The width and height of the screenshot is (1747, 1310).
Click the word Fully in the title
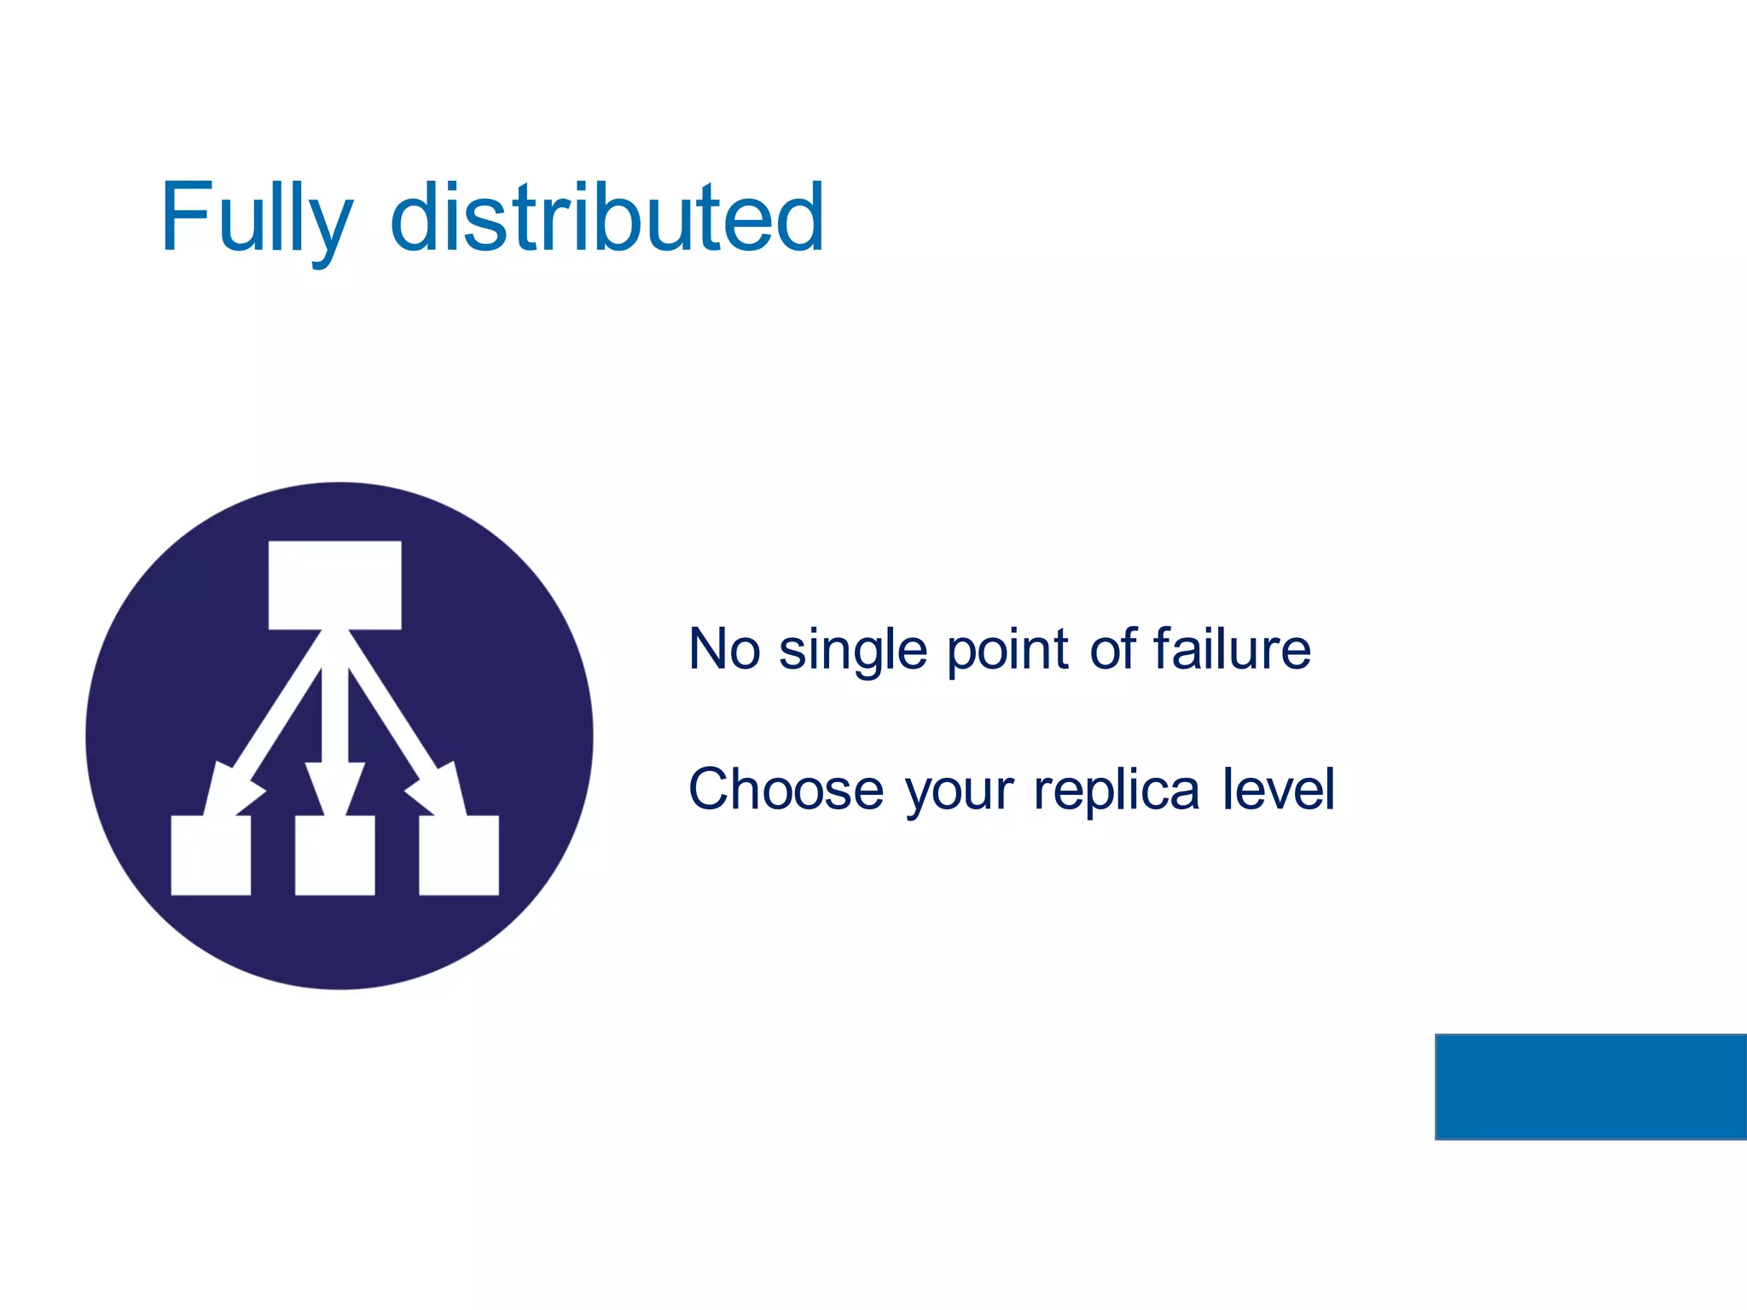point(256,218)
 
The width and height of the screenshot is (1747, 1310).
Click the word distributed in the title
point(607,218)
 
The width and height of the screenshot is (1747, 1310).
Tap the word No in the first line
point(724,650)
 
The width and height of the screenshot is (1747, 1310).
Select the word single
point(852,652)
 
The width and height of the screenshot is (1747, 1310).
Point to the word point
point(1007,652)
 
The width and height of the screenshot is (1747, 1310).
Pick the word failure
point(1232,649)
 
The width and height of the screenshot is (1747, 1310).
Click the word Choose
point(786,790)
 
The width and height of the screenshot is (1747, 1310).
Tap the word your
point(960,793)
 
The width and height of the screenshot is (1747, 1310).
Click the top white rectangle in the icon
point(335,585)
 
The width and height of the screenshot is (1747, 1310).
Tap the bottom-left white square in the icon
point(211,855)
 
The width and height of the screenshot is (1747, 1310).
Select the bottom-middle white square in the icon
point(335,855)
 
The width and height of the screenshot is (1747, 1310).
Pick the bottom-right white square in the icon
point(459,855)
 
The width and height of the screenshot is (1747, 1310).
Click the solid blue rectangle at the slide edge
point(1591,1087)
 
